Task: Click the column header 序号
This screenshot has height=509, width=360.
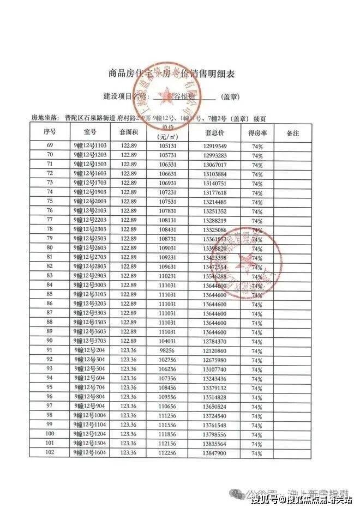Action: pos(50,132)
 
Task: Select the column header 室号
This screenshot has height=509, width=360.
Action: pos(90,132)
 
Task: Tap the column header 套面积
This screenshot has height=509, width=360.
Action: pos(129,132)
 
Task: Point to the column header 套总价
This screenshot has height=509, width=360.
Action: pos(214,132)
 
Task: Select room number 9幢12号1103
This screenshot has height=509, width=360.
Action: pos(90,147)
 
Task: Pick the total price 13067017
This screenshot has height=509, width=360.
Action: pos(214,165)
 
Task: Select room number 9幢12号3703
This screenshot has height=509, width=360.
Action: pos(90,341)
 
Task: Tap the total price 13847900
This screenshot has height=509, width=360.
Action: pos(214,453)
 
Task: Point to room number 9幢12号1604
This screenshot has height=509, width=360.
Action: pos(90,453)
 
